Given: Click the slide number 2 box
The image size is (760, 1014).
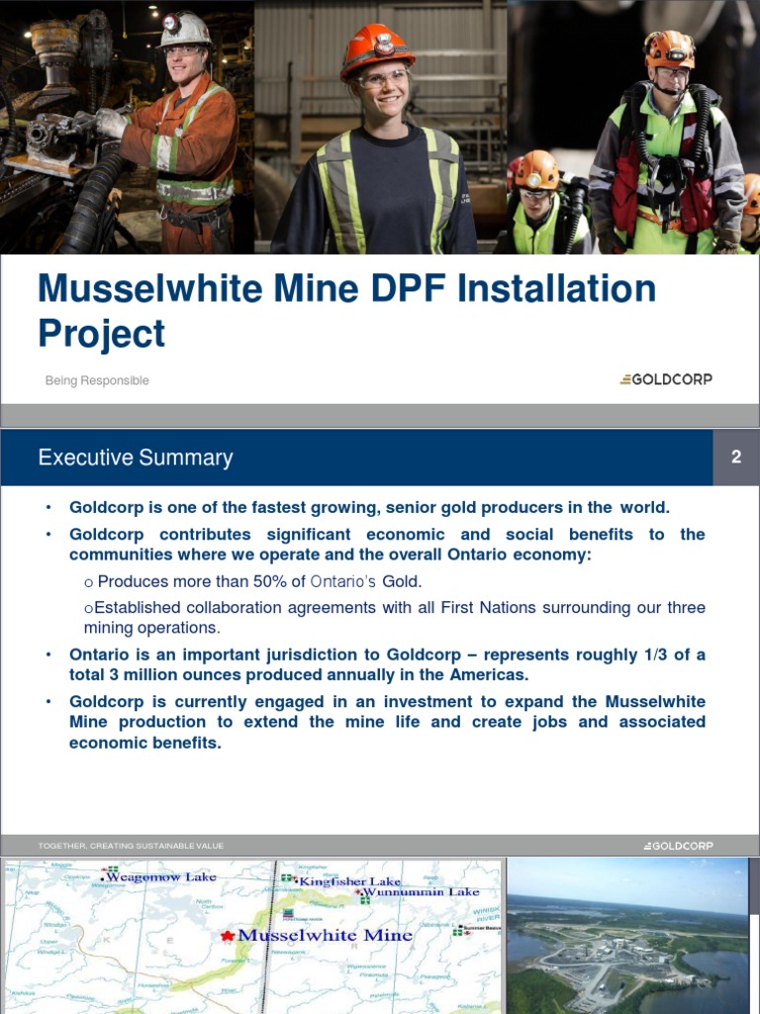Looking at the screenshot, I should click(736, 456).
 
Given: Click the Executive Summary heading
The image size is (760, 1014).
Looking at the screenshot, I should click(136, 457).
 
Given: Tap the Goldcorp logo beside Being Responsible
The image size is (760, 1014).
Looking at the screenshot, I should click(665, 379).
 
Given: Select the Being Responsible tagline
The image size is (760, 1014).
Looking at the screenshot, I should click(97, 380).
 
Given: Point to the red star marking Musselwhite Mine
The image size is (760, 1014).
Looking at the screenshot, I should click(228, 936).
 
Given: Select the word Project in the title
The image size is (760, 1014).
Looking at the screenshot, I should click(101, 334).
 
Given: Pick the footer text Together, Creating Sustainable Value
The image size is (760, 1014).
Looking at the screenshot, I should click(131, 846).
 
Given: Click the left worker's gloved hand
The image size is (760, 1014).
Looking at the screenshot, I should click(111, 123).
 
